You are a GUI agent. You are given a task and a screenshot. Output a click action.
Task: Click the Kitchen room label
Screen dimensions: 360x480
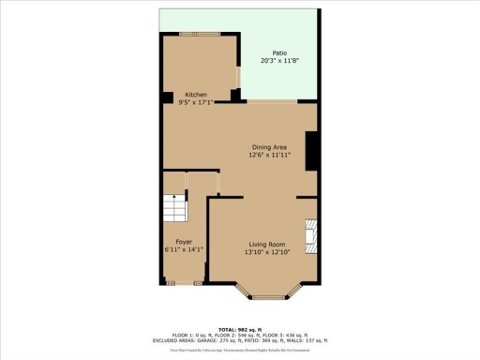(196, 95)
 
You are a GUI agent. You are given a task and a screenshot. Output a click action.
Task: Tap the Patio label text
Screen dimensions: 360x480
(279, 53)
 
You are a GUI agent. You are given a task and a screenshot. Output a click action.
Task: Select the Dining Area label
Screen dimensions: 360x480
(269, 147)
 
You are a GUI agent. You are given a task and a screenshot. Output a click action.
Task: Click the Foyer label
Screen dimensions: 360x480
(184, 242)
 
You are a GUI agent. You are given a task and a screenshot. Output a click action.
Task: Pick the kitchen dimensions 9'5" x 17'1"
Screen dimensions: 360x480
(196, 102)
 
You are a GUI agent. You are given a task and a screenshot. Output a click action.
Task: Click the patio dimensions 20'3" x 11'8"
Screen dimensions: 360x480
(279, 61)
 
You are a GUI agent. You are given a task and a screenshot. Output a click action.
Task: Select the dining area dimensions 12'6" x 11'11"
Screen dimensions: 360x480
(269, 155)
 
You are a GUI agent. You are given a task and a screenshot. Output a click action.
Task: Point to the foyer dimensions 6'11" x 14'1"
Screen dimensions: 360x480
(184, 249)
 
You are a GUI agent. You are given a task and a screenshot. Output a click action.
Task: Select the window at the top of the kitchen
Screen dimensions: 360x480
(199, 33)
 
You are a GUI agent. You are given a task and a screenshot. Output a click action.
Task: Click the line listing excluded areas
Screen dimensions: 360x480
(240, 340)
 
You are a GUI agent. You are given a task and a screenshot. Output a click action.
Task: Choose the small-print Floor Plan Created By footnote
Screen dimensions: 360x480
(240, 350)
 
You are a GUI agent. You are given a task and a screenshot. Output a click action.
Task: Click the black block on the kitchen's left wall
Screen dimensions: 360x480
(166, 97)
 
